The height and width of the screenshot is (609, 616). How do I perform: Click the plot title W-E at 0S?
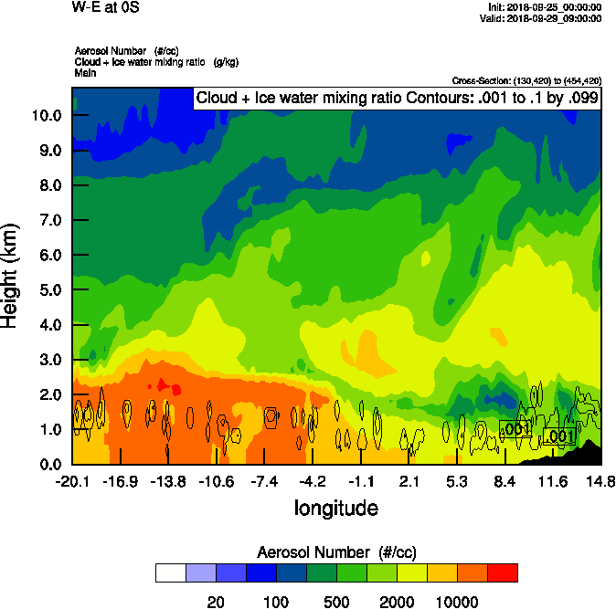pyautogui.click(x=107, y=6)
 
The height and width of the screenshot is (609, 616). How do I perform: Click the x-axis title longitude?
pyautogui.click(x=335, y=507)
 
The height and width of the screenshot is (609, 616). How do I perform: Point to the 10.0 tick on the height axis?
pyautogui.click(x=46, y=116)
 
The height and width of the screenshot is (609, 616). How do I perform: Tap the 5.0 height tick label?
pyautogui.click(x=49, y=290)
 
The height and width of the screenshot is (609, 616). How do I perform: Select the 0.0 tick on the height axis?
pyautogui.click(x=49, y=464)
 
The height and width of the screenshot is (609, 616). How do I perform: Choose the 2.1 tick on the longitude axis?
pyautogui.click(x=409, y=481)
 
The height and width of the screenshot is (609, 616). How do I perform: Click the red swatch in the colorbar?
pyautogui.click(x=502, y=572)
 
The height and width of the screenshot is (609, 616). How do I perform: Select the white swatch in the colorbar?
pyautogui.click(x=170, y=572)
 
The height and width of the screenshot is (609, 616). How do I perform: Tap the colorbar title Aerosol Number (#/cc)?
pyautogui.click(x=335, y=551)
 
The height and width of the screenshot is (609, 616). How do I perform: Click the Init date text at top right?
pyautogui.click(x=546, y=7)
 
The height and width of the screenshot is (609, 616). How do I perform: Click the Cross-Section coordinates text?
pyautogui.click(x=526, y=80)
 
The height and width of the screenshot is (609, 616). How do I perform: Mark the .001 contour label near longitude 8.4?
pyautogui.click(x=516, y=428)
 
